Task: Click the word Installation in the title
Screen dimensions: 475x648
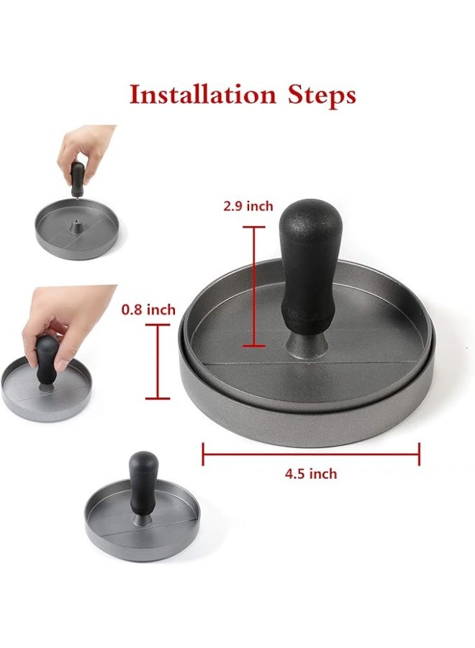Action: (x=203, y=94)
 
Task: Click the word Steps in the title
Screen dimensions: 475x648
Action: (x=322, y=96)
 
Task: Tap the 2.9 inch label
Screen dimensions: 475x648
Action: (x=248, y=206)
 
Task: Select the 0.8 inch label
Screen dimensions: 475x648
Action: (x=148, y=310)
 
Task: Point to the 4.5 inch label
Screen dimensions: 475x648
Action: (x=311, y=473)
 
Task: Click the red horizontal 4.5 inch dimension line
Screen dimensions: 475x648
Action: (x=311, y=454)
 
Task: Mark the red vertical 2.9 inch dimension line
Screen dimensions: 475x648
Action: (x=253, y=287)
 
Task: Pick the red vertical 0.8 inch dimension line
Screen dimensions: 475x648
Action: (x=158, y=361)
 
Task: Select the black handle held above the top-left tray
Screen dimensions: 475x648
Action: (x=78, y=179)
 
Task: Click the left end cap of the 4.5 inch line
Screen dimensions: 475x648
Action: (x=203, y=454)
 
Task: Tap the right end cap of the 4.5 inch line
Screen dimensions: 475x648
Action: (x=420, y=454)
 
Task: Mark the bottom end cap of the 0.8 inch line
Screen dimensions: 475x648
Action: (x=158, y=398)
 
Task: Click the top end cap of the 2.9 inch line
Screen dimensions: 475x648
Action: (x=253, y=227)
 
